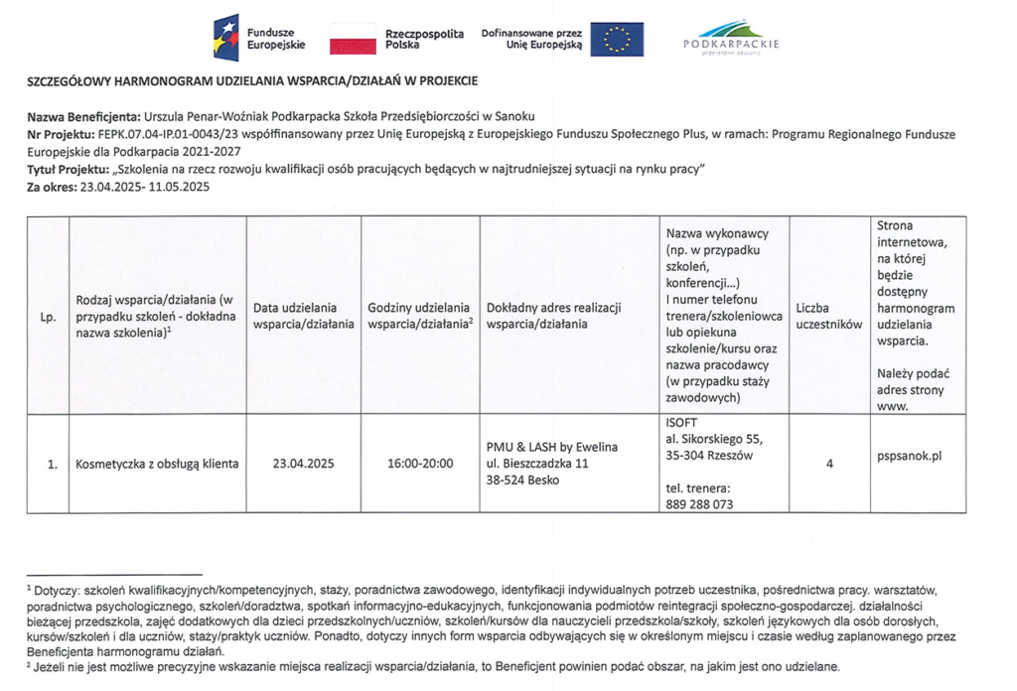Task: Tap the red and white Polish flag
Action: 352,39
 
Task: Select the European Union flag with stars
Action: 616,39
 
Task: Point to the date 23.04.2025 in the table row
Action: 303,464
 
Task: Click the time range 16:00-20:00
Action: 420,464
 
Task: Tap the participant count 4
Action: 828,464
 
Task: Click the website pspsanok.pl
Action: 909,456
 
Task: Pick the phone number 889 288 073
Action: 699,504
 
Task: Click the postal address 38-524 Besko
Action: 522,481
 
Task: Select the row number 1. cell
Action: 48,464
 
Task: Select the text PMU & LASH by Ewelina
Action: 551,447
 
